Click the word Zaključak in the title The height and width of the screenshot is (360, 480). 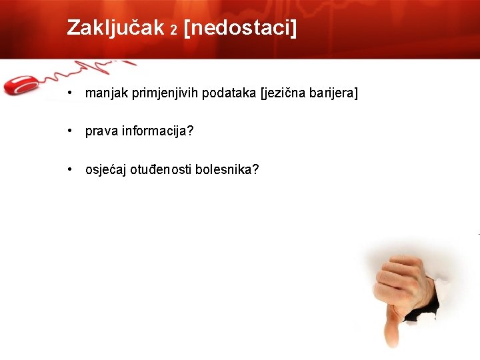point(115,27)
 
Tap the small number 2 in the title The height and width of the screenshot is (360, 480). point(173,31)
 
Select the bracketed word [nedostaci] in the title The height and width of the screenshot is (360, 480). point(239,27)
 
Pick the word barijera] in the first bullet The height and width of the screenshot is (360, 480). point(333,93)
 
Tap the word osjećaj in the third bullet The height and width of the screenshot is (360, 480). point(107,169)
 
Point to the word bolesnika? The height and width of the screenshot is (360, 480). point(233,169)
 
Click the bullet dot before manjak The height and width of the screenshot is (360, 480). point(70,93)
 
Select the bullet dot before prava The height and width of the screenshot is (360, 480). point(70,131)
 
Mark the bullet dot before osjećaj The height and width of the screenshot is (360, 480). point(70,169)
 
